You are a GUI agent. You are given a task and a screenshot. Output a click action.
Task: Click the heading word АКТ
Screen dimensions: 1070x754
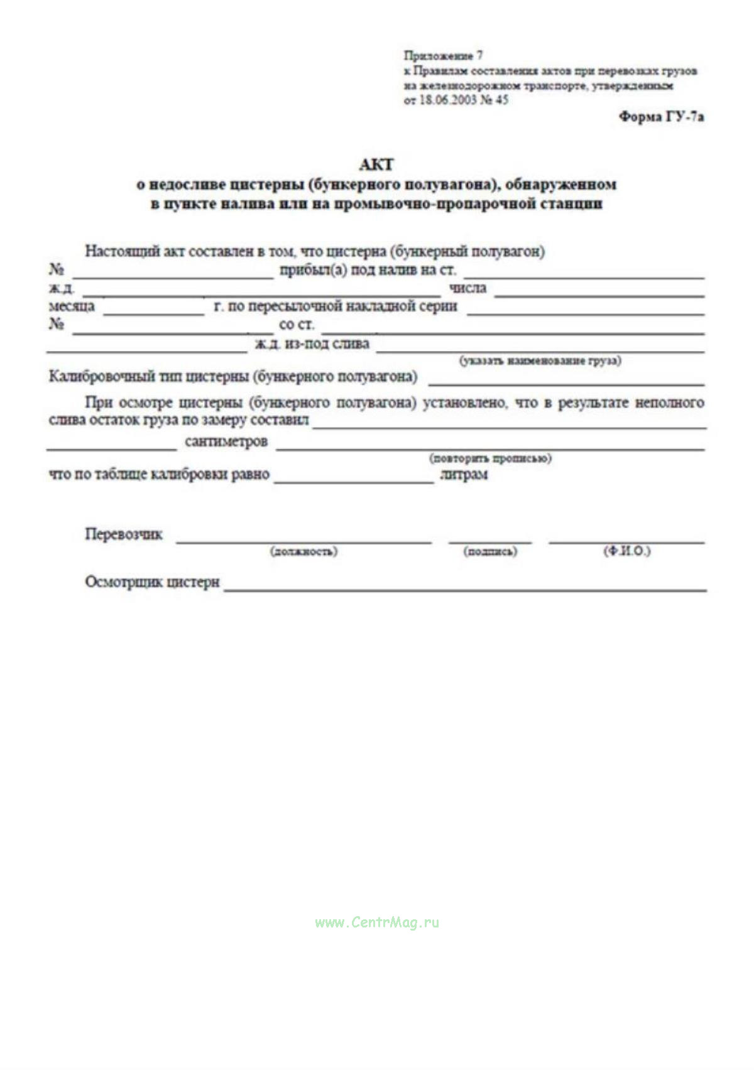click(x=376, y=165)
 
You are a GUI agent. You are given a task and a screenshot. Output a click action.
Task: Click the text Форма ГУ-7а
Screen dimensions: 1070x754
click(x=661, y=117)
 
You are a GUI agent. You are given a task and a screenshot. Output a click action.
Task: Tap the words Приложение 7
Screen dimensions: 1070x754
click(x=443, y=55)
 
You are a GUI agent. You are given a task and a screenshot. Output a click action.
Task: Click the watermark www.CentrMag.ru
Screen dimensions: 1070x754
click(x=377, y=922)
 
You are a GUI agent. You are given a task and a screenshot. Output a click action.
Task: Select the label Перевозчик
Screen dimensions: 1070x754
click(x=124, y=534)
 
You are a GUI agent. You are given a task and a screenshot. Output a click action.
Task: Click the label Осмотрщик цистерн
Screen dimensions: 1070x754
click(x=152, y=582)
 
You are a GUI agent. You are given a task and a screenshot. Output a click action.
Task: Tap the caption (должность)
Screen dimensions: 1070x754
click(x=303, y=551)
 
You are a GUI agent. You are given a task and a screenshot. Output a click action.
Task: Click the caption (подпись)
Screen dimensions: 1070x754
click(x=490, y=551)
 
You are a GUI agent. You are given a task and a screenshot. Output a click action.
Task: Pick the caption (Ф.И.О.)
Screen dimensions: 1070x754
click(x=626, y=551)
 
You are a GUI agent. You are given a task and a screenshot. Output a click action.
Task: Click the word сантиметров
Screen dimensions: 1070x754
click(x=226, y=442)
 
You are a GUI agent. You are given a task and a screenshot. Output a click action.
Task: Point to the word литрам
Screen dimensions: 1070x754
click(x=464, y=475)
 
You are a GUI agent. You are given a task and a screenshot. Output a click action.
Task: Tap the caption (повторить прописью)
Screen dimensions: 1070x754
click(x=490, y=458)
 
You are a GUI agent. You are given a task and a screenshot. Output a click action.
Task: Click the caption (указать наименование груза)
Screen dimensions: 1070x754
click(x=540, y=360)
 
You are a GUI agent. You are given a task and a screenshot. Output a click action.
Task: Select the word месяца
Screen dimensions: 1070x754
click(x=72, y=306)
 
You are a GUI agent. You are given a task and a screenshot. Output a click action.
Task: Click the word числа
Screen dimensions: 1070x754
click(x=467, y=288)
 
